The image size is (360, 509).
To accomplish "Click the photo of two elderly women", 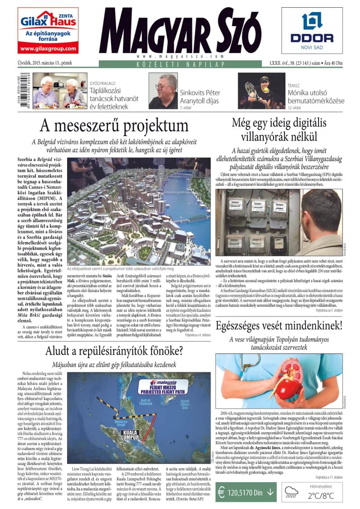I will click(x=60, y=91).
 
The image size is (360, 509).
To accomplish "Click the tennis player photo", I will click(x=261, y=91).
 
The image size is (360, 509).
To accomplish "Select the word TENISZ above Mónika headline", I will click(x=293, y=85).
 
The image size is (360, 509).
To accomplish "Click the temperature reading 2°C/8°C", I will click(x=321, y=496).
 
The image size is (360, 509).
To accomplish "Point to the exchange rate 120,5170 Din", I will click(x=245, y=491).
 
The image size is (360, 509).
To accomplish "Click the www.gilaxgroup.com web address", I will click(x=48, y=49).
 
